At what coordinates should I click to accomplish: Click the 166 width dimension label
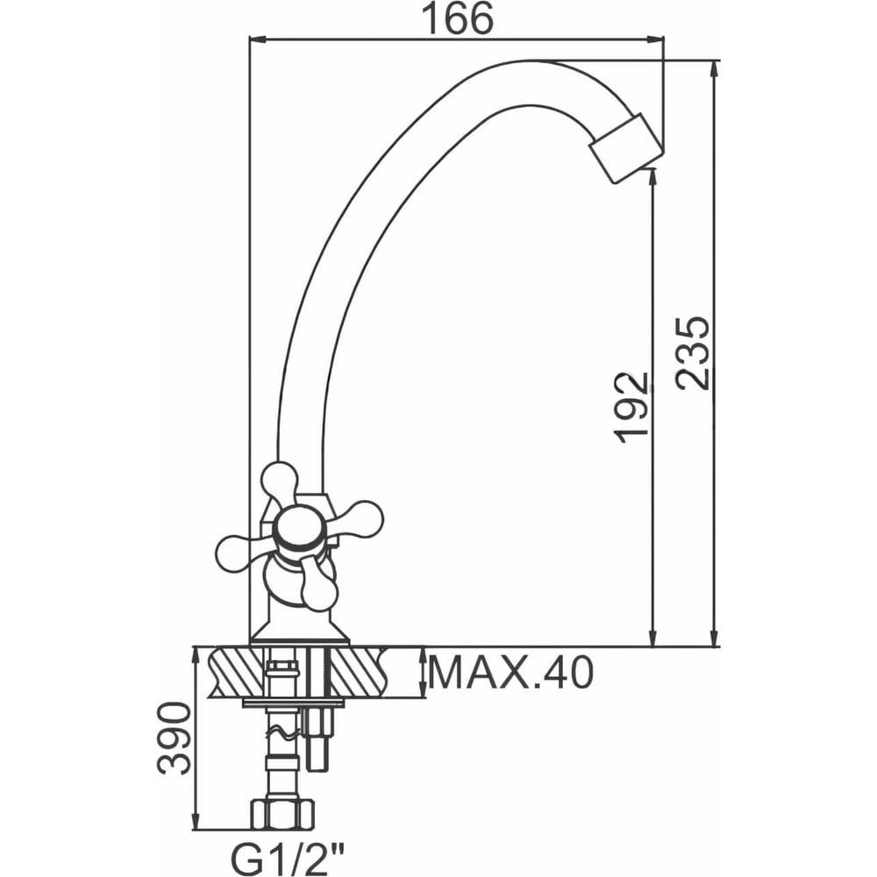coord(457,18)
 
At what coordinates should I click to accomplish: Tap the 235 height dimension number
coord(692,353)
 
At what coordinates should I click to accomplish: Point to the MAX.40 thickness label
coord(510,673)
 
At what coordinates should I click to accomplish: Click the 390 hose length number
coord(174,738)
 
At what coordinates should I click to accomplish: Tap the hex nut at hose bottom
coord(282,814)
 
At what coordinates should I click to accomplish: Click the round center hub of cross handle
coord(300,529)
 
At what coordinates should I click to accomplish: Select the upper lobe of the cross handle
coord(280,481)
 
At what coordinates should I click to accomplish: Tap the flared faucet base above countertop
coord(299,633)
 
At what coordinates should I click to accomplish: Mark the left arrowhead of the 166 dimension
coord(257,39)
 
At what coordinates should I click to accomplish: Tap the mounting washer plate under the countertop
coord(293,702)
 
